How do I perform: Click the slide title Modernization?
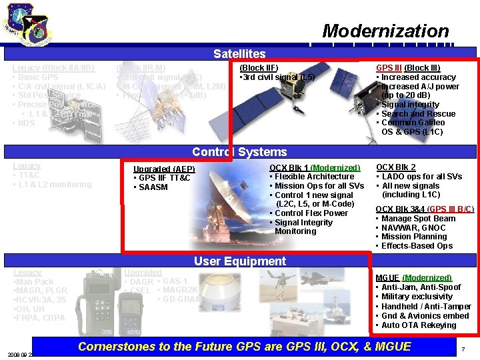(385, 31)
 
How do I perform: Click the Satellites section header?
(239, 54)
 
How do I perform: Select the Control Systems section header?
(239, 152)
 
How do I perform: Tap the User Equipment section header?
(239, 261)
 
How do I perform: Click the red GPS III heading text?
(389, 68)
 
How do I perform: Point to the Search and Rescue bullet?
(418, 114)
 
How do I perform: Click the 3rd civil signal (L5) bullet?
(277, 77)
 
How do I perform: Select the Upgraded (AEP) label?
(164, 169)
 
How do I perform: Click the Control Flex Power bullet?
(311, 213)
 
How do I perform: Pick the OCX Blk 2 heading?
(396, 167)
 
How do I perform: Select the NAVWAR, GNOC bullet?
(417, 227)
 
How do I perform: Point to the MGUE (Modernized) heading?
(413, 278)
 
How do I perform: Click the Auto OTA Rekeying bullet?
(419, 325)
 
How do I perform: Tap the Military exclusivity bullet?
(417, 297)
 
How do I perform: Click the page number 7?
(463, 349)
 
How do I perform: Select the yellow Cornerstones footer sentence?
(244, 346)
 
